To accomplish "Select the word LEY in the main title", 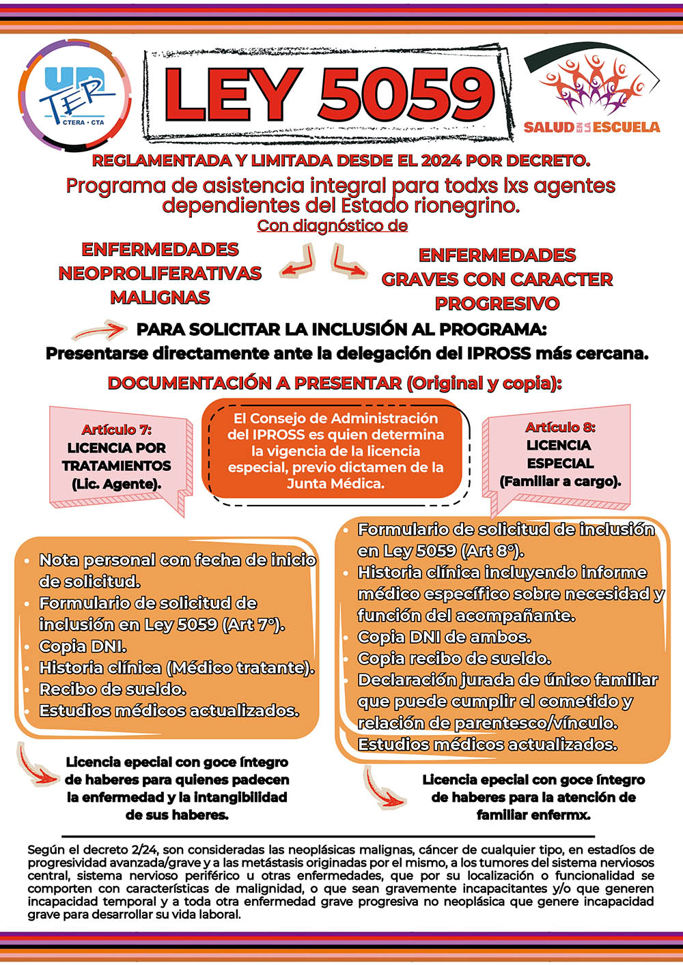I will pyautogui.click(x=232, y=94).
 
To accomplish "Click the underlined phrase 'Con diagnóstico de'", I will pyautogui.click(x=332, y=226).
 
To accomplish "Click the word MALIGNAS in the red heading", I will pyautogui.click(x=160, y=298).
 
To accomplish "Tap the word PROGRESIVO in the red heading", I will pyautogui.click(x=497, y=303).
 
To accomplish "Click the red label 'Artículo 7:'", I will pyautogui.click(x=116, y=429).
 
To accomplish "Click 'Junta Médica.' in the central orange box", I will pyautogui.click(x=335, y=484).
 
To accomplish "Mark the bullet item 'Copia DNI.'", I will pyautogui.click(x=83, y=646).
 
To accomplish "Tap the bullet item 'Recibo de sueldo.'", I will pyautogui.click(x=112, y=689).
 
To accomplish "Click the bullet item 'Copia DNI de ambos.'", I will pyautogui.click(x=444, y=637).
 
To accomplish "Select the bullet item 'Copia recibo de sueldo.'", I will pyautogui.click(x=454, y=659).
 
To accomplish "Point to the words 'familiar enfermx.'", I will pyautogui.click(x=533, y=815).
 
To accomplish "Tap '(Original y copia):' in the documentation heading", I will pyautogui.click(x=484, y=384).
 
